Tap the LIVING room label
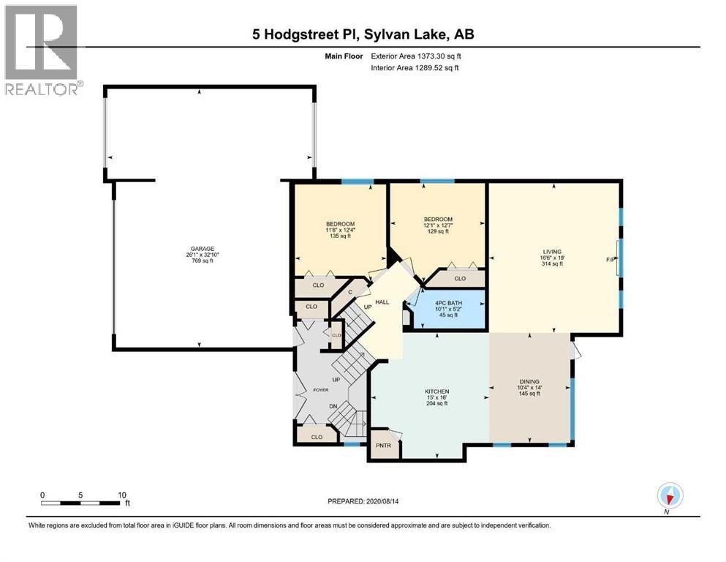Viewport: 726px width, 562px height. (552, 252)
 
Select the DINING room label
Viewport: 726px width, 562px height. (529, 381)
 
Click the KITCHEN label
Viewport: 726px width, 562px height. (436, 391)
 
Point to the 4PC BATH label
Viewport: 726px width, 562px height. (447, 301)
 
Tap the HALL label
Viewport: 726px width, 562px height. (382, 301)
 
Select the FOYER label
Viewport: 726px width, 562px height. (320, 390)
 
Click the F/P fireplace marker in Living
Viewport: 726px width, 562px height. (611, 259)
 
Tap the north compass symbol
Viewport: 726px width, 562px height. (669, 495)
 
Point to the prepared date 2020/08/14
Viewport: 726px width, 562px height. (363, 501)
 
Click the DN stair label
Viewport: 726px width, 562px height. (333, 407)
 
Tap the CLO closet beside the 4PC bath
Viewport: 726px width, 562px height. (460, 278)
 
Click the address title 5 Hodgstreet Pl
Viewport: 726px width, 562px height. (363, 34)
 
